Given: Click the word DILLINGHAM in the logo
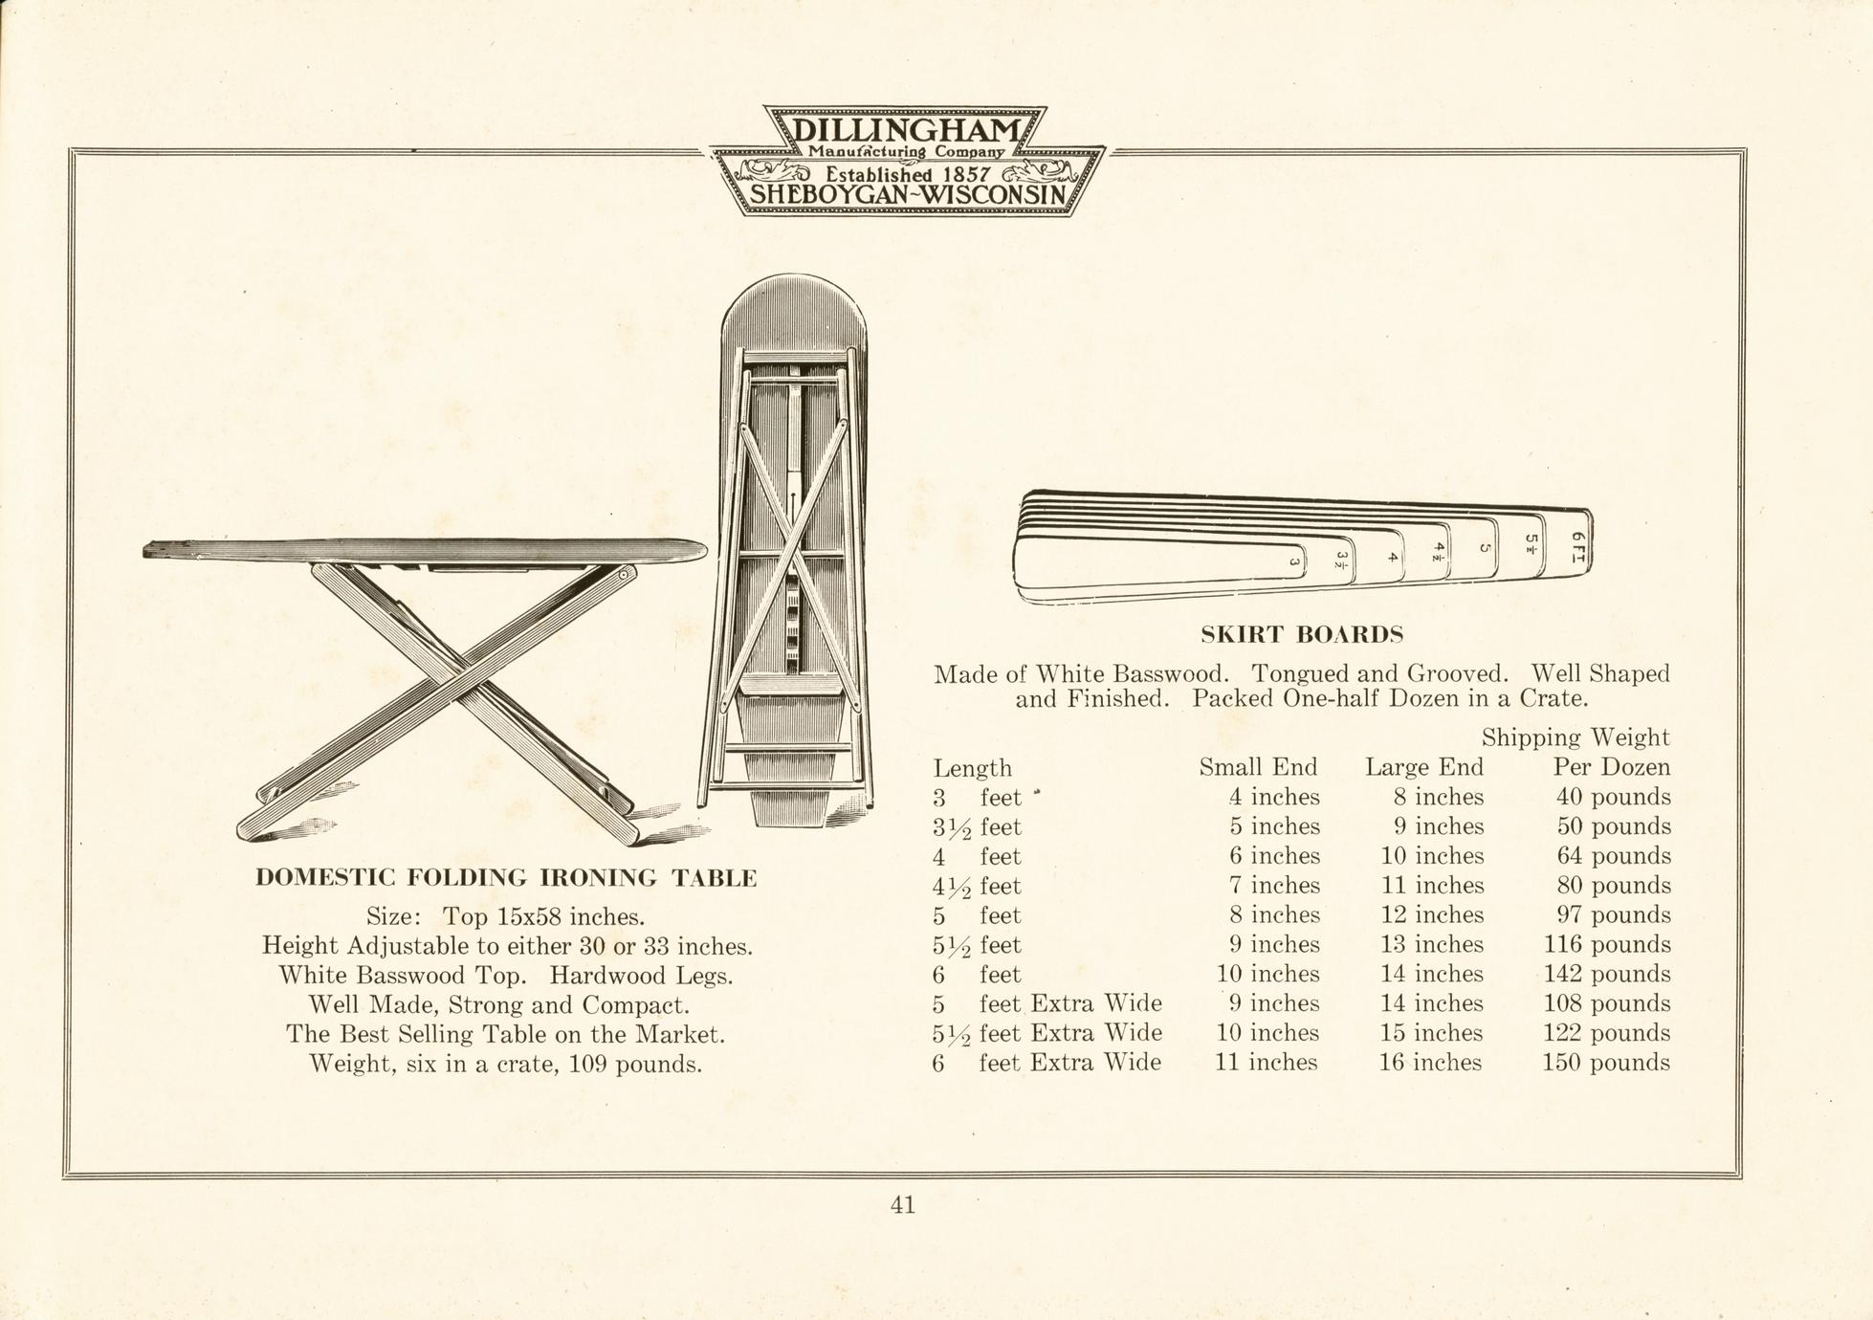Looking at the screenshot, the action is tap(905, 130).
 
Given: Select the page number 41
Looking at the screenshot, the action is tap(903, 1205).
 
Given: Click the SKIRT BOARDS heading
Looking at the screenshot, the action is tap(1302, 634).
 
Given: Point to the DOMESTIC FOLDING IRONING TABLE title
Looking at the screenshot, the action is tap(506, 877).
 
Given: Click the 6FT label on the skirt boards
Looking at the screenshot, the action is tap(1578, 547).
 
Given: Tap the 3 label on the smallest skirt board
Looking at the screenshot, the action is tap(1294, 562).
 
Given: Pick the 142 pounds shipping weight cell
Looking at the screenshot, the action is tap(1607, 974).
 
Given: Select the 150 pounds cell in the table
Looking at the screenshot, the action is tap(1606, 1063).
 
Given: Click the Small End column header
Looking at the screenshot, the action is tap(1258, 767).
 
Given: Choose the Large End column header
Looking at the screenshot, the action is tap(1424, 767).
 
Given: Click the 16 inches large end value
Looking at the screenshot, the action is tap(1430, 1063).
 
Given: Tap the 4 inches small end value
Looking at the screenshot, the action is tap(1274, 797).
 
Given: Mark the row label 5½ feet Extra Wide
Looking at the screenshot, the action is tap(1047, 1033).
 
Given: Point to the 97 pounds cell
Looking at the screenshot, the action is tap(1614, 914).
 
